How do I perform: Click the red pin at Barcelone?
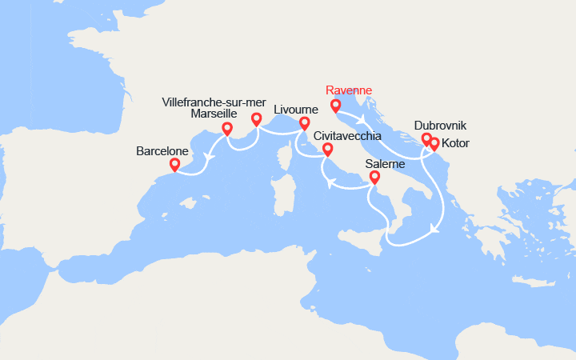coord(174,165)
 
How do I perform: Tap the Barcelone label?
coord(162,150)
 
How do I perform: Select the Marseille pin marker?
coord(227,128)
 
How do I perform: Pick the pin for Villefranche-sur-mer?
coord(256,119)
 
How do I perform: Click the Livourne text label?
coord(296,109)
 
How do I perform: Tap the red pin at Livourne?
coord(304,123)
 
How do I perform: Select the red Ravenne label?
coord(349,90)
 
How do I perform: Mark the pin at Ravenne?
coord(335,105)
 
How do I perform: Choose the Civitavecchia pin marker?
coord(327,149)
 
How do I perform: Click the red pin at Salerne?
coord(374,168)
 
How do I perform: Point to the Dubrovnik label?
coord(441,126)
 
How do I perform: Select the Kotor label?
coord(455,144)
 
